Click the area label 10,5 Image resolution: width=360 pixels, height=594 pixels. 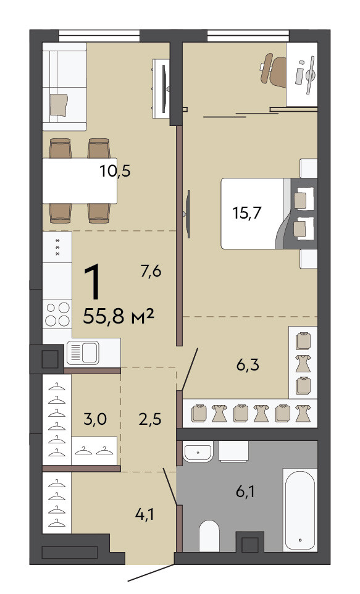click(x=115, y=171)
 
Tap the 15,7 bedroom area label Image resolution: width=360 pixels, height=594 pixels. click(x=247, y=213)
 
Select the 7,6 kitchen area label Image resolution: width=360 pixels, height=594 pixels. click(x=151, y=271)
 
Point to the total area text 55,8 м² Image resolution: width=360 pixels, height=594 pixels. click(x=118, y=316)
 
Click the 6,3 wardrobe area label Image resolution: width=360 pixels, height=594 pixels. click(x=248, y=365)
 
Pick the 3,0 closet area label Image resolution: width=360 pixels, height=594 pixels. click(x=94, y=419)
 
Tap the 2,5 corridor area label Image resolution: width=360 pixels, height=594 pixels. click(x=151, y=419)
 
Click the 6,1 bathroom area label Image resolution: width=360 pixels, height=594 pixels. click(x=245, y=492)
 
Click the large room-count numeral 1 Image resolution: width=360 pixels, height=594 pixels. click(x=93, y=282)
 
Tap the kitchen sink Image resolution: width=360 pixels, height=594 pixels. click(x=83, y=353)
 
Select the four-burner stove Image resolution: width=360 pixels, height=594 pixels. click(x=57, y=314)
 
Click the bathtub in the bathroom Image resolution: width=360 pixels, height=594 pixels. click(x=299, y=509)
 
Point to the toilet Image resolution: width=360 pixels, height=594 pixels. click(x=209, y=536)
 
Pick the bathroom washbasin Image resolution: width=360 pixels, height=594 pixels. click(x=198, y=453)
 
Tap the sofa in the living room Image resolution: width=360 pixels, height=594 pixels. click(x=64, y=86)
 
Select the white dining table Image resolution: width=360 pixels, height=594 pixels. click(x=80, y=181)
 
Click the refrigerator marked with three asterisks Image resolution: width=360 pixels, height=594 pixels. click(x=57, y=247)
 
